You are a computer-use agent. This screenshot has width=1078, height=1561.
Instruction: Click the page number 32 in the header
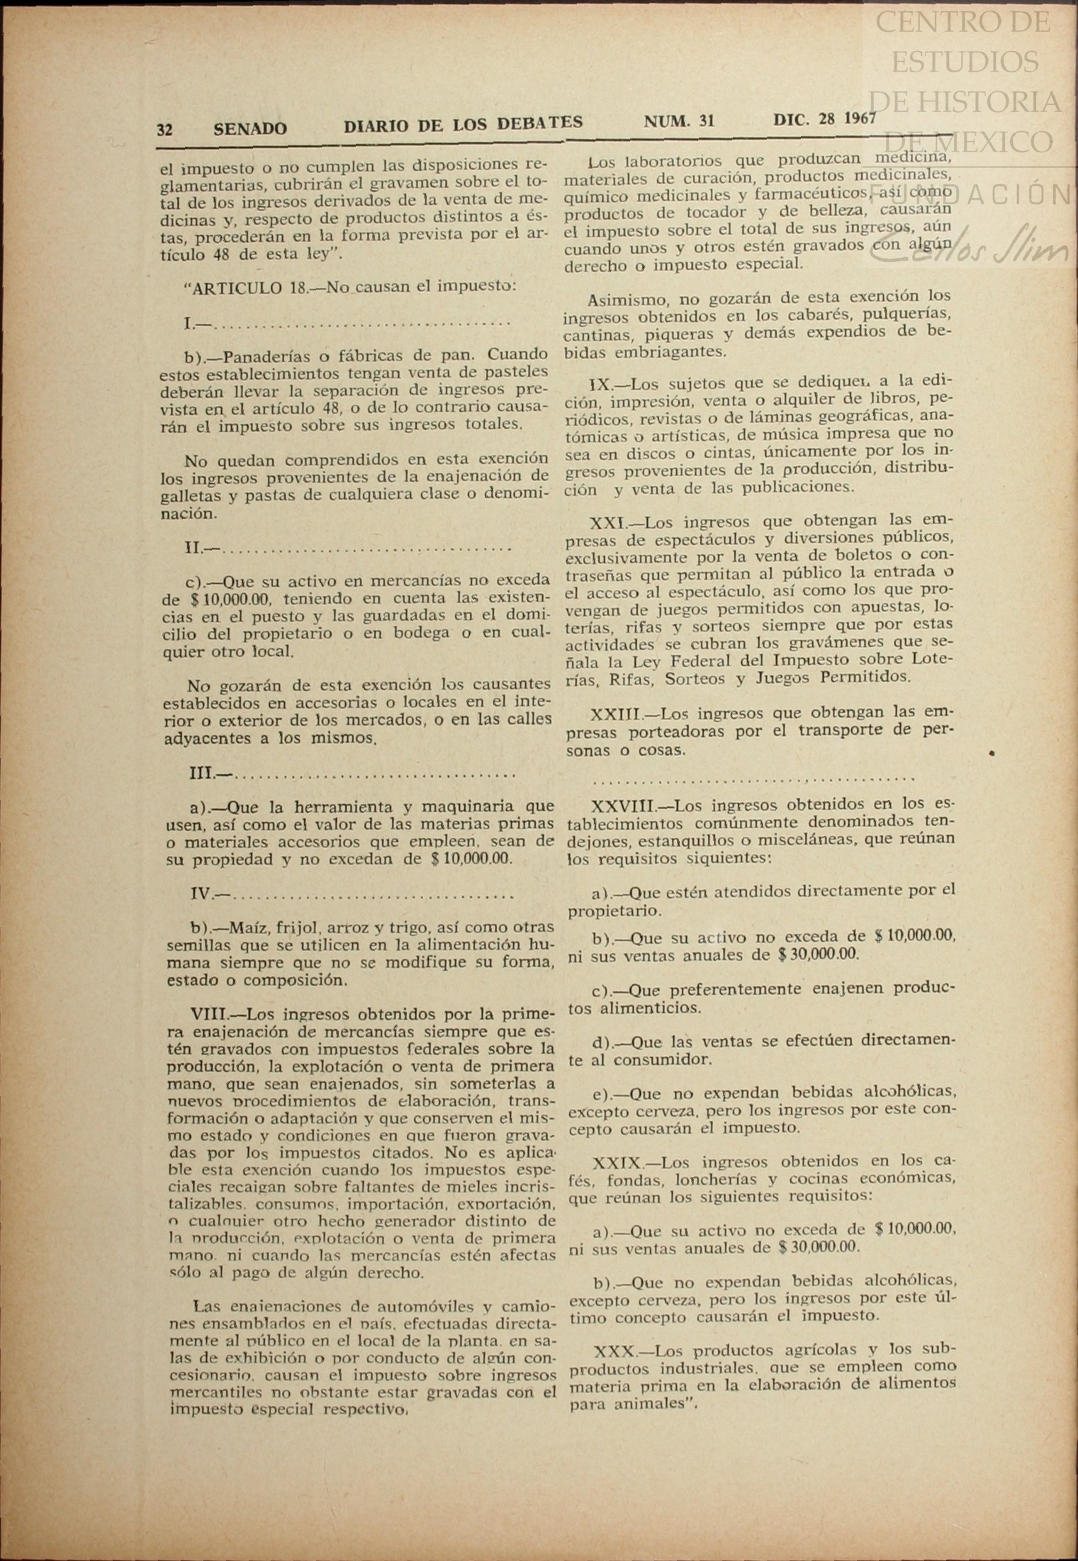[164, 130]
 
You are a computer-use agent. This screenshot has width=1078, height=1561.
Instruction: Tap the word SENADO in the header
[250, 129]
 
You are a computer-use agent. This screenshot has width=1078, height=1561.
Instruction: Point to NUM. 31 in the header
[679, 121]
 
